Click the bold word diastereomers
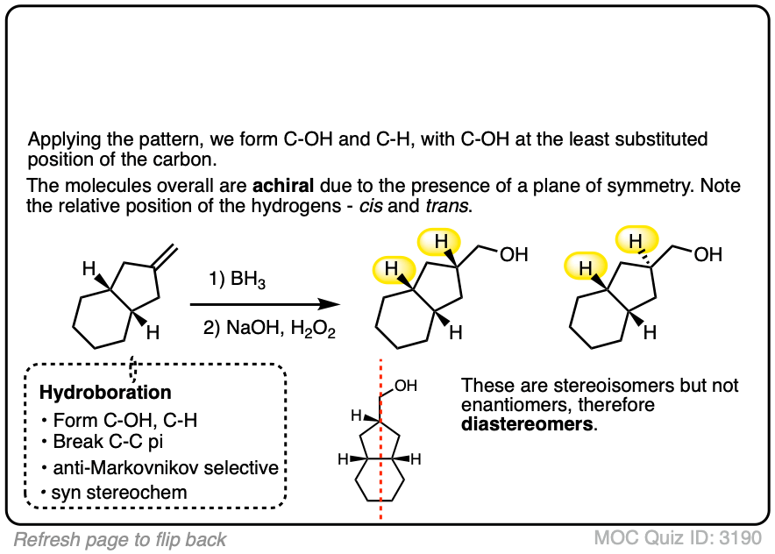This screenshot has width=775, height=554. (x=515, y=425)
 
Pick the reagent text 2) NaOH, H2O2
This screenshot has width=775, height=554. (x=260, y=331)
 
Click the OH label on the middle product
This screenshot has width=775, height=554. (x=515, y=255)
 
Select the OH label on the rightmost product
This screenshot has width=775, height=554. (x=707, y=255)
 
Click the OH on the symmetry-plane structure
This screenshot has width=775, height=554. (x=407, y=385)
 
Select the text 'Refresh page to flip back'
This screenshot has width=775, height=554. (x=120, y=539)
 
